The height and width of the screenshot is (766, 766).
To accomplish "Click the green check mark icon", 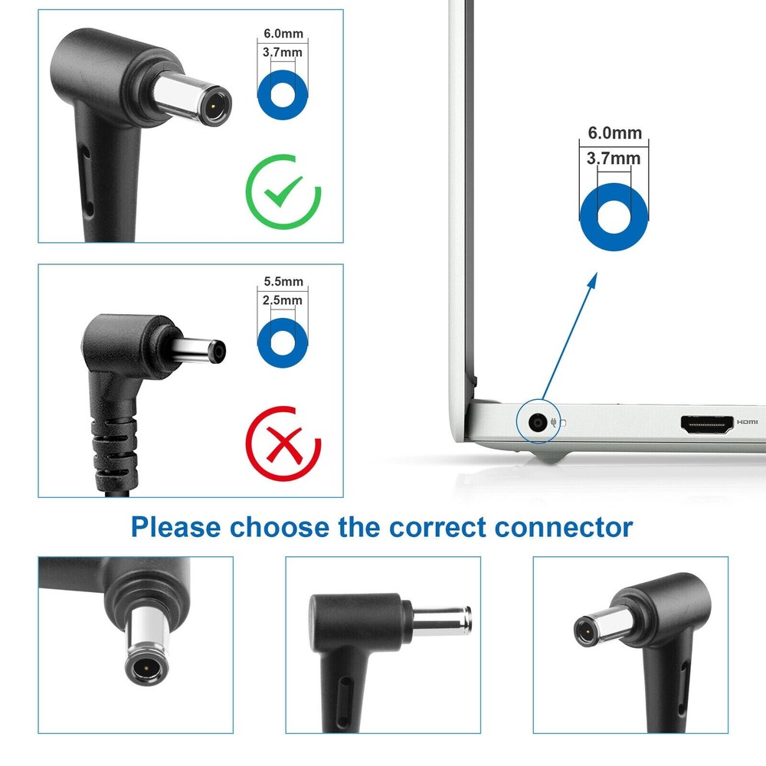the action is coord(284,191).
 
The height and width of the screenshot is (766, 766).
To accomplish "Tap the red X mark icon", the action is coord(283,444).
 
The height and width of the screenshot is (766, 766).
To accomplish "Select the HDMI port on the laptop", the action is coord(707,425).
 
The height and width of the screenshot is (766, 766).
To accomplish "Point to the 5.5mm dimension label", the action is coord(283,281).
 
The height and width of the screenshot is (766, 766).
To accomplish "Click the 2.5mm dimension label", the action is coord(283,300).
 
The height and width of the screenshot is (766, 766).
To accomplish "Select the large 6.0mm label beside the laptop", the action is coord(614,133).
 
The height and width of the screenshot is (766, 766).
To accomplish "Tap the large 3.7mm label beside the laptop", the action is coord(614,159).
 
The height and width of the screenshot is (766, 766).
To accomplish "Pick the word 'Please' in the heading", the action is coord(176,528).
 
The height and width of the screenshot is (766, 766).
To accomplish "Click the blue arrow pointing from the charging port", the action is coord(569,336).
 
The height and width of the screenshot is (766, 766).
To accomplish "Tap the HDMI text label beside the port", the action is coord(748,421).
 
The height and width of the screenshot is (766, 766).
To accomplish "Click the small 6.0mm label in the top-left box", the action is coord(283,33).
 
